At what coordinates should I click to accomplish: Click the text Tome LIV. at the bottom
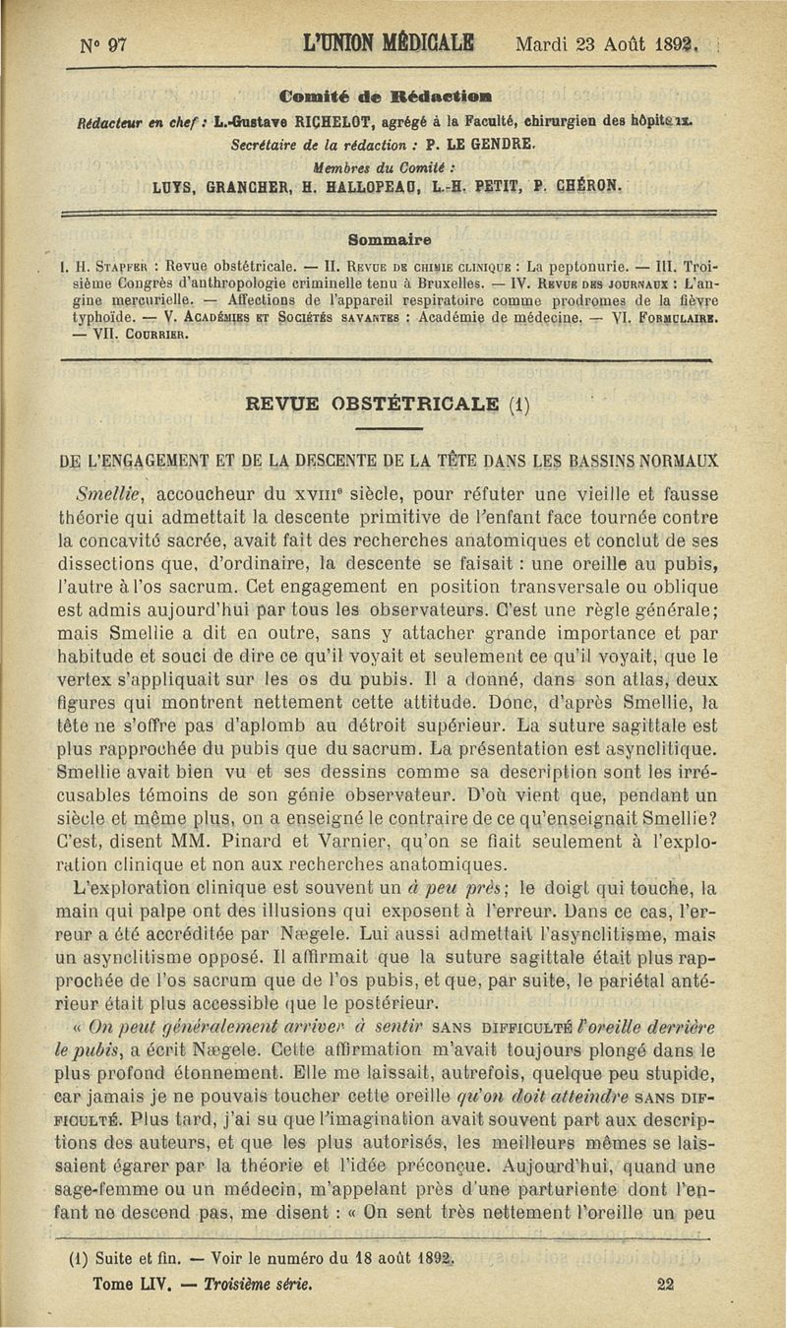click(132, 1284)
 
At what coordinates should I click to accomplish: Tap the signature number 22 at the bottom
click(664, 1284)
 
